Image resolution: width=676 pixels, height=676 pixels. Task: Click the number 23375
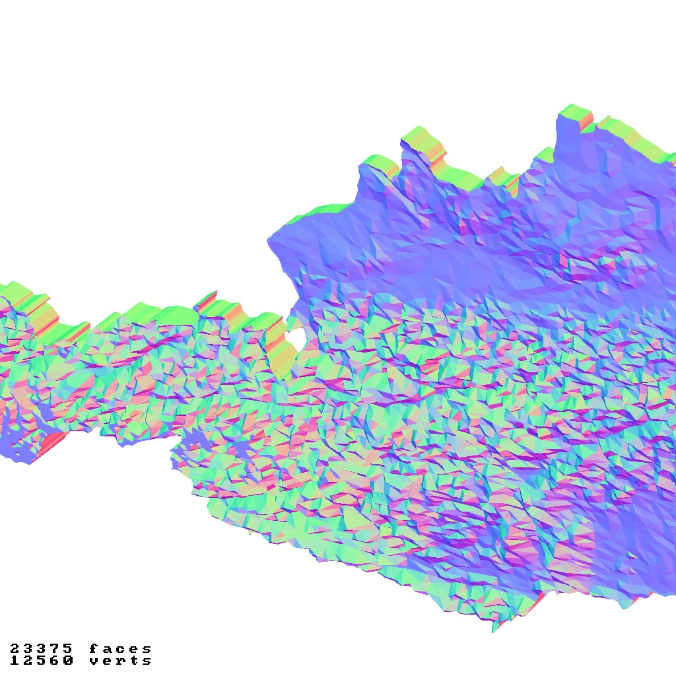point(41,649)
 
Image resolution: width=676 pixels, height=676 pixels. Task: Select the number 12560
point(41,660)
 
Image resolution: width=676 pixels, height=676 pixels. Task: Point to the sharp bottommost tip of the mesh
point(493,631)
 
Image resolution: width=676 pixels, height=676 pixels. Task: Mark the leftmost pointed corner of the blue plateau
point(269,242)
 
